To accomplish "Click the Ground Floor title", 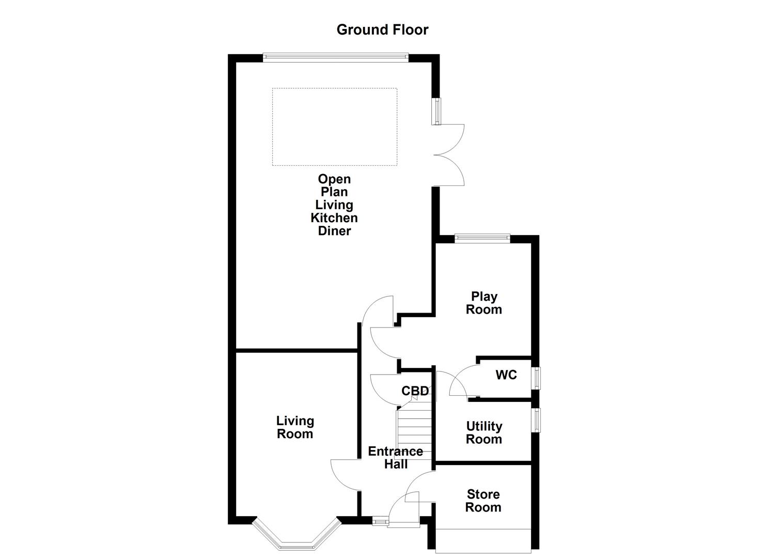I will click(382, 30).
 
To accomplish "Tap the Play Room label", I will click(484, 303).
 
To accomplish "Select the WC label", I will click(506, 375).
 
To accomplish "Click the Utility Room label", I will click(484, 433).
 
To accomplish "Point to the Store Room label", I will click(483, 501).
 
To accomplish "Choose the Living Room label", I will click(295, 428).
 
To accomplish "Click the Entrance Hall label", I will click(395, 458).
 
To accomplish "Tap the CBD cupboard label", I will click(415, 391).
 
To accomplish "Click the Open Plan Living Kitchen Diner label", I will click(334, 205).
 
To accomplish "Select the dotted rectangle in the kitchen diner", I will click(334, 127).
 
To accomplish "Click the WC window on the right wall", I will click(537, 378).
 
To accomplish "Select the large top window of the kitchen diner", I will click(336, 57).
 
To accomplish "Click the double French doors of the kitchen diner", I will click(449, 155).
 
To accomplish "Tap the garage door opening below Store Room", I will click(483, 540).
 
